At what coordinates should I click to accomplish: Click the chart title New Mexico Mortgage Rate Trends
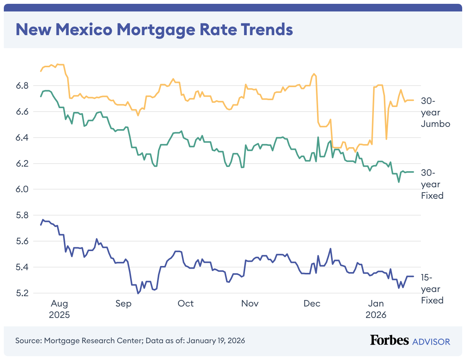154,29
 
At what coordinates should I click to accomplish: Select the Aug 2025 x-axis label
60,309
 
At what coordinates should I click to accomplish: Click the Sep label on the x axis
123,304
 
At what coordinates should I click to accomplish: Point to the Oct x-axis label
186,304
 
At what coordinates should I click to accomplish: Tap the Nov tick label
250,304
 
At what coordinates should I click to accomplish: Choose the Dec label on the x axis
312,304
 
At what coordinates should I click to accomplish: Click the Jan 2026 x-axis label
376,309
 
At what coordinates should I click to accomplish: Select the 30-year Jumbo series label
435,112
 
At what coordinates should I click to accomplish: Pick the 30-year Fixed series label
432,184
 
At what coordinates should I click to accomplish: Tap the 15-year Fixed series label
432,289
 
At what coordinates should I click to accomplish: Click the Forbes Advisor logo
410,341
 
